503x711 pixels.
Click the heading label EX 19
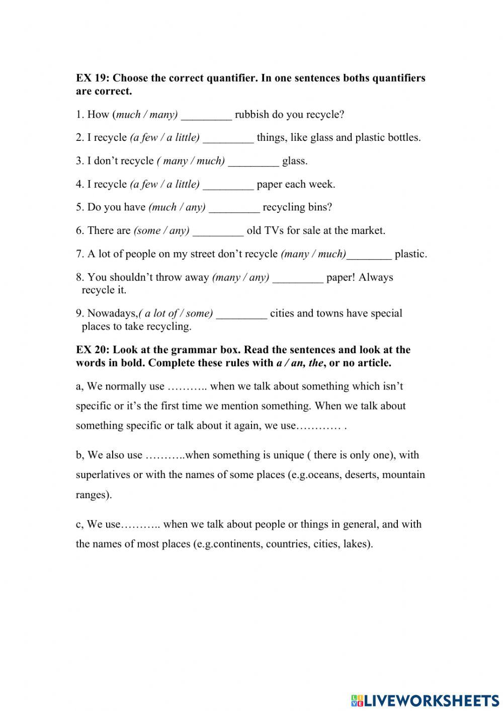point(93,78)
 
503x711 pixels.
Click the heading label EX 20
point(93,350)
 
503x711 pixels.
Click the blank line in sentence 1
point(206,115)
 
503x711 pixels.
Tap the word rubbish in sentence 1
point(252,115)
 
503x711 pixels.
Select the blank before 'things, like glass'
point(228,138)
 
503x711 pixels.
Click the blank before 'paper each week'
point(228,185)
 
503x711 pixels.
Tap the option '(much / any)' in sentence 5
point(177,207)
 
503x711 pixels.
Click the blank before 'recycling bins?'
point(234,208)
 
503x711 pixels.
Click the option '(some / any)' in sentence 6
point(161,230)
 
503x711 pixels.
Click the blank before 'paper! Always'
point(298,278)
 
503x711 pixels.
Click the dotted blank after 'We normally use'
point(187,387)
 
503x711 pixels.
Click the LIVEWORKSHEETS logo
point(425,700)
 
